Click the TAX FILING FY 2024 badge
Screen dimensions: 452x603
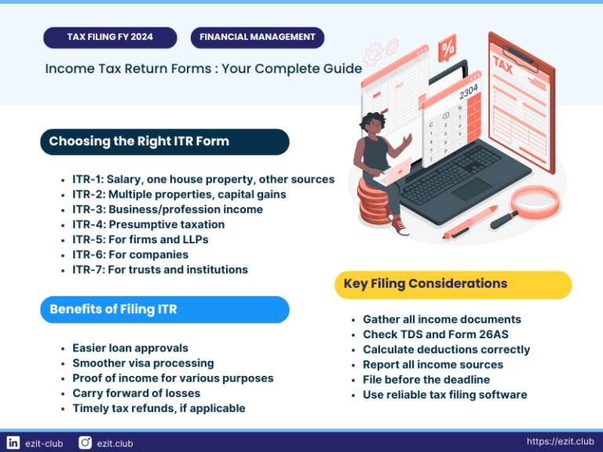pos(109,37)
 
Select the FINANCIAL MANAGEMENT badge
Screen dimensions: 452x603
pos(258,37)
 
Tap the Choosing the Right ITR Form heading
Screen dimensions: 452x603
pos(164,142)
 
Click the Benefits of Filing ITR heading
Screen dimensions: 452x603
pos(164,309)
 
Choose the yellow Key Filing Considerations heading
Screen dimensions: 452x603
pos(453,284)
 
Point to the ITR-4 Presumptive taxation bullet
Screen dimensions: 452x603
pos(148,224)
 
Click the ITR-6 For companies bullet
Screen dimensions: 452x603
pos(130,254)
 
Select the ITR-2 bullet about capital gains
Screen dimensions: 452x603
pos(179,194)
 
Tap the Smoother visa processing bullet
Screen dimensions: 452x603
pos(143,363)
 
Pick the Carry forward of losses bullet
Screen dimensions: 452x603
pos(136,393)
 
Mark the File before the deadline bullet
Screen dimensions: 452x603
pos(426,380)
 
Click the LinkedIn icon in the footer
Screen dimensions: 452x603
pos(13,443)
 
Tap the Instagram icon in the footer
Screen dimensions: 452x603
pos(85,443)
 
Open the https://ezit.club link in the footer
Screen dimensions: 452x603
pos(560,442)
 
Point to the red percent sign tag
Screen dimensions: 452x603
pos(448,48)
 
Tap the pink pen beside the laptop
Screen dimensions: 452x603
pos(470,221)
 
